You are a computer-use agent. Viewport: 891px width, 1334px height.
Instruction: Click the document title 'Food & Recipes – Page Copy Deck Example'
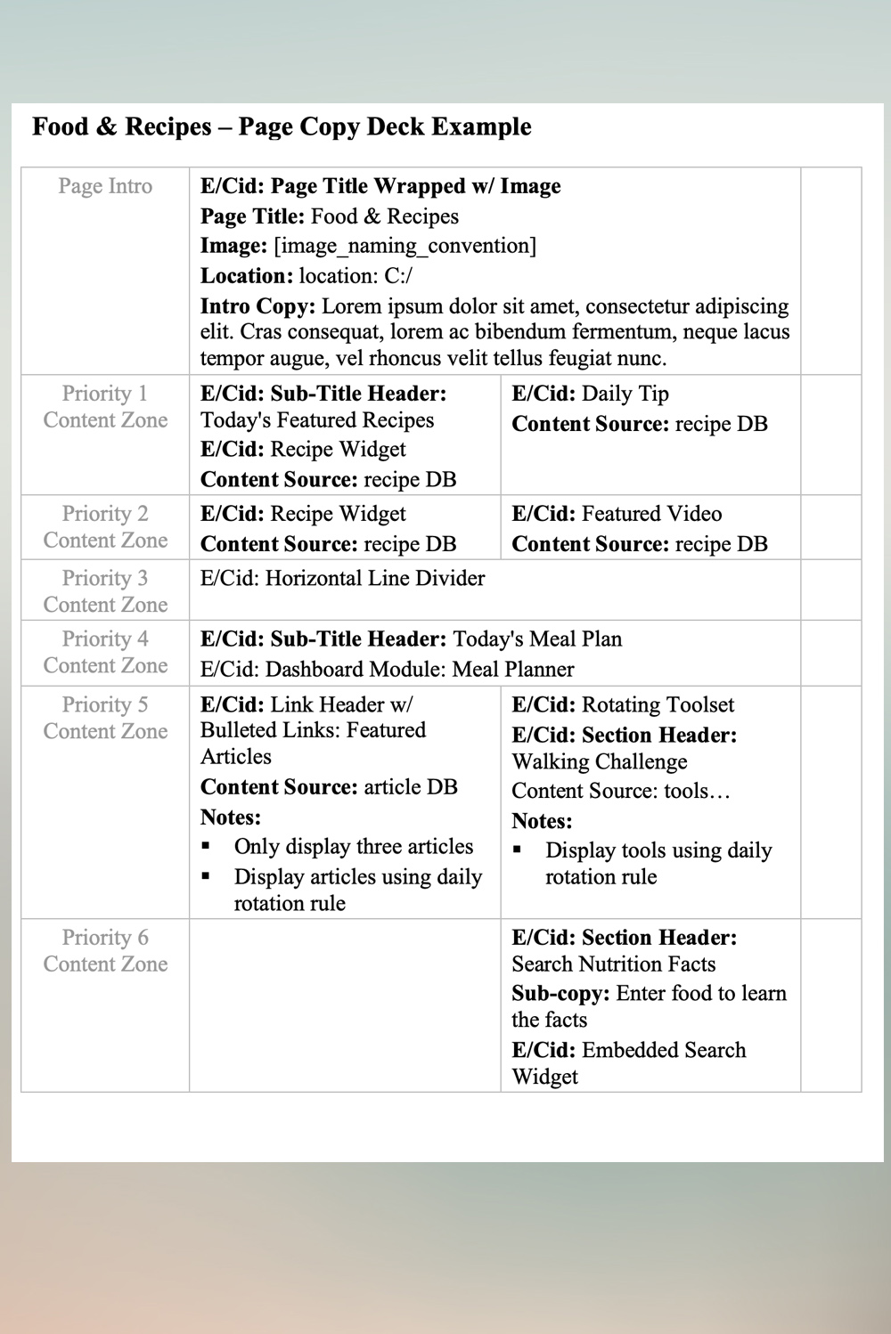coord(282,126)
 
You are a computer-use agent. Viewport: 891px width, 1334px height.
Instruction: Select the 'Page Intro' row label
coord(105,186)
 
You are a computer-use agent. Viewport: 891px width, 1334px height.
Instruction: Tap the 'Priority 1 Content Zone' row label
coord(105,407)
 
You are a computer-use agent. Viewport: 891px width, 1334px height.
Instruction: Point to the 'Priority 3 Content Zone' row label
coord(105,591)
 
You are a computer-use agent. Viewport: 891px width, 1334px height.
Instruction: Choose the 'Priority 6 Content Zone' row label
coord(105,950)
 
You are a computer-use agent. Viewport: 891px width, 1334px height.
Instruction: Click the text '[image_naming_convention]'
coord(405,246)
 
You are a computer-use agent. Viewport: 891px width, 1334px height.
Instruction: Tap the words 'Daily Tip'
coord(625,394)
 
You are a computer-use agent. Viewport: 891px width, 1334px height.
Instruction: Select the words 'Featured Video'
coord(651,514)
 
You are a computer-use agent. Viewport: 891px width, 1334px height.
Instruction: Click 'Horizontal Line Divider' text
coord(375,578)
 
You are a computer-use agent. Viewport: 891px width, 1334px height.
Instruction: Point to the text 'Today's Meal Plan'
coord(537,639)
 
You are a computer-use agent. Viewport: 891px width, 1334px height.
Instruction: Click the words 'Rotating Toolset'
coord(658,704)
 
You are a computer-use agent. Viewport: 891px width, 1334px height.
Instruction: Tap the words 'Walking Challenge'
coord(600,761)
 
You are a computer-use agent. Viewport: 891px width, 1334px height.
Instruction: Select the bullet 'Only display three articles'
coord(354,846)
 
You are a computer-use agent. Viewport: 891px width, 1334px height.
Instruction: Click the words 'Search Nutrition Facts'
coord(614,964)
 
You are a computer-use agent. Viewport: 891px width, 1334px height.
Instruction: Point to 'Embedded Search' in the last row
coord(664,1050)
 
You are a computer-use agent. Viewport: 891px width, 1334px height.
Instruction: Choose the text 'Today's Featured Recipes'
coord(317,420)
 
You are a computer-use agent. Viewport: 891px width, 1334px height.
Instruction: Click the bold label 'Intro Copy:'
coord(257,306)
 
